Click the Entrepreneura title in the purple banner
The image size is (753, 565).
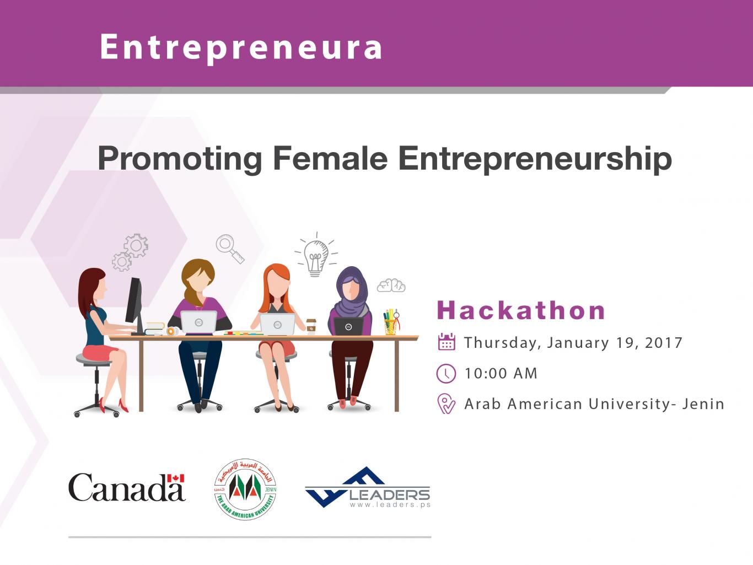(241, 48)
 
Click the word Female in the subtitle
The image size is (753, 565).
(330, 159)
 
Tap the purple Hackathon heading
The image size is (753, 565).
(521, 310)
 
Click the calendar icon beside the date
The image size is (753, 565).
(447, 341)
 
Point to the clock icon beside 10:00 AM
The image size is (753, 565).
(446, 373)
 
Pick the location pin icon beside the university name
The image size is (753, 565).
(446, 403)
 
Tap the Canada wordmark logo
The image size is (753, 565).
(127, 487)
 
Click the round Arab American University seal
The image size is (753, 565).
(245, 489)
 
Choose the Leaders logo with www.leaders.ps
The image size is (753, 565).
(368, 487)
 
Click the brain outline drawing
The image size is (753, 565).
(391, 286)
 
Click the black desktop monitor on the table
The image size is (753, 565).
(135, 305)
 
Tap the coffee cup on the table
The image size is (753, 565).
(311, 326)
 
